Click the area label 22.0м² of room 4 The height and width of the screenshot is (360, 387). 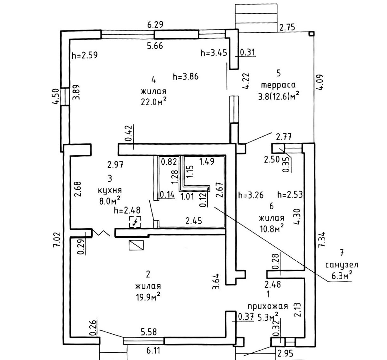pyautogui.click(x=154, y=103)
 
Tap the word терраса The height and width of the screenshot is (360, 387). pyautogui.click(x=278, y=85)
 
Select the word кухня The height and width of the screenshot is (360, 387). pyautogui.click(x=110, y=191)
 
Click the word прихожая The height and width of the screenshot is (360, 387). pyautogui.click(x=268, y=306)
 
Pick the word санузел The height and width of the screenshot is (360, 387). pyautogui.click(x=342, y=264)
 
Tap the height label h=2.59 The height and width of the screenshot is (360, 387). pyautogui.click(x=85, y=55)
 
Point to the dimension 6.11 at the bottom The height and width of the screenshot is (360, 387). pyautogui.click(x=153, y=351)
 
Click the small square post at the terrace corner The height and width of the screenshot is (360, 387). pyautogui.click(x=312, y=33)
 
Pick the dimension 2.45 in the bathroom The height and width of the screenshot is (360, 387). pyautogui.click(x=193, y=220)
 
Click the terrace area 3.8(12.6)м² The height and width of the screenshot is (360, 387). pyautogui.click(x=279, y=95)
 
